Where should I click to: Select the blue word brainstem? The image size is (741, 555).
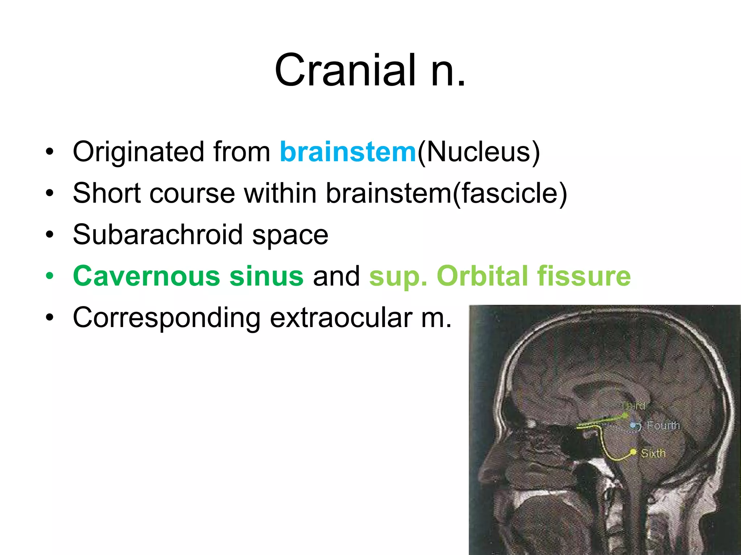pos(348,152)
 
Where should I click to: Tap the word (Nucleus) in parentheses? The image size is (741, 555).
pos(479,152)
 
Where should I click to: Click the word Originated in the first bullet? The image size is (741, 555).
pos(139,152)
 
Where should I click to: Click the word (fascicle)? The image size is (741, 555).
pos(509,193)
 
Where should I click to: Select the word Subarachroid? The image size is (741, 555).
pos(157,235)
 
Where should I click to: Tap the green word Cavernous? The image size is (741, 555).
pos(146,276)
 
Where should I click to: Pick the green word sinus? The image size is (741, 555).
pos(266,276)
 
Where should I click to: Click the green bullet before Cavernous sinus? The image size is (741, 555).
pos(50,276)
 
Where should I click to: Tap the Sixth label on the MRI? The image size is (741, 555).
pos(653,453)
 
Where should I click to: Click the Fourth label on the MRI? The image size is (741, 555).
pos(663,426)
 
